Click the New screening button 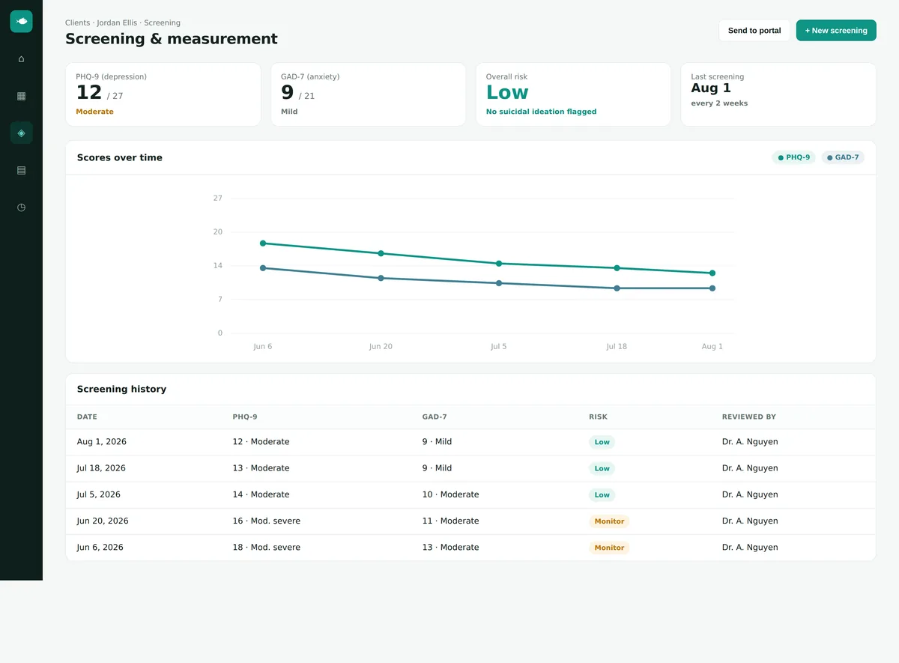pos(836,31)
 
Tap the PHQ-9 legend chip pos(793,157)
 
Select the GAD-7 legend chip pos(843,157)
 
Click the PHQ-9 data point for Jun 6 pos(263,243)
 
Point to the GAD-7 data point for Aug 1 pos(712,288)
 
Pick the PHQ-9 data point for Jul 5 pos(499,264)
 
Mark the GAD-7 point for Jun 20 pos(381,278)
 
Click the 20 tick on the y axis pos(217,232)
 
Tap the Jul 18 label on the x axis pos(617,346)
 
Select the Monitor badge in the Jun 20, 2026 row pos(609,521)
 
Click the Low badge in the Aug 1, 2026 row pos(602,442)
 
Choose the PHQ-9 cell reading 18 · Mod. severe pos(267,548)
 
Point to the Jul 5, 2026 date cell pos(98,494)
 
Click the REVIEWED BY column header pos(749,417)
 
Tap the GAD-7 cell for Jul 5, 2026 pos(450,494)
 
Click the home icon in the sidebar pos(21,59)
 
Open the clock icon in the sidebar pos(21,208)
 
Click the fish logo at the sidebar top pos(21,21)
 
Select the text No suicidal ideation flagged pos(541,112)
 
